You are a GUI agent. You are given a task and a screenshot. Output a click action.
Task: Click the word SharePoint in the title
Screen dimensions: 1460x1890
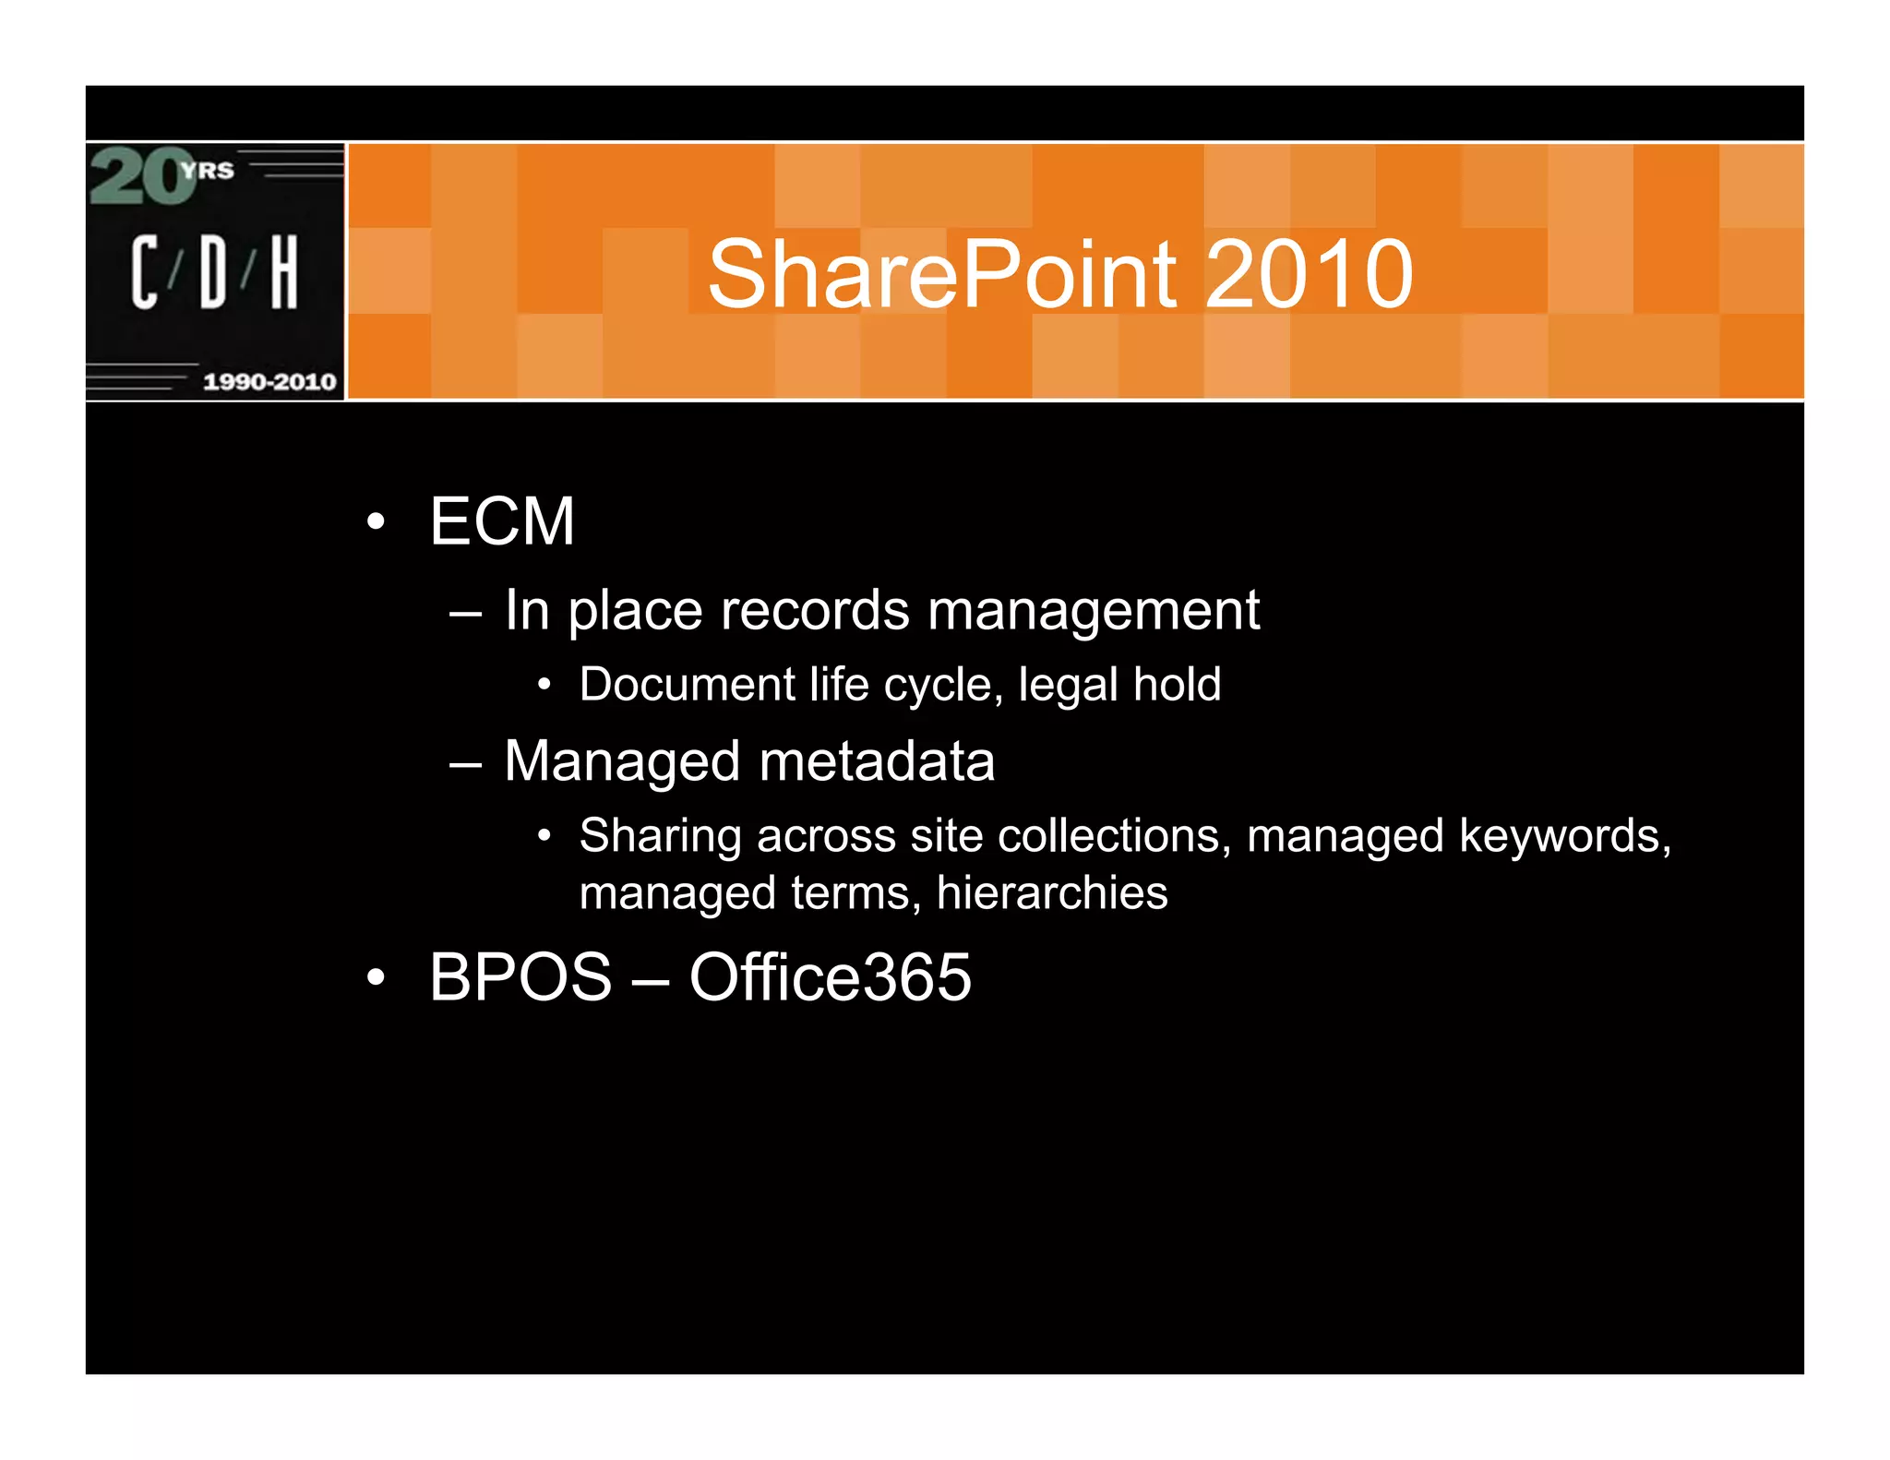[x=942, y=274]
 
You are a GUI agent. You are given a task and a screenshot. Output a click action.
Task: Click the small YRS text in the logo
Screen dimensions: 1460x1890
[x=208, y=170]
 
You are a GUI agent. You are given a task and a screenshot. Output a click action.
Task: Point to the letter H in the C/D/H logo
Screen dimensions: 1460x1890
[x=284, y=271]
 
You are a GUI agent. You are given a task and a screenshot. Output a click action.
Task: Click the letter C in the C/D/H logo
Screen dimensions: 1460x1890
[x=144, y=271]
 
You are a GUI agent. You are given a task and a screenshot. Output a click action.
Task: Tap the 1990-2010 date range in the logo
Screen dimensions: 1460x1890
[x=269, y=381]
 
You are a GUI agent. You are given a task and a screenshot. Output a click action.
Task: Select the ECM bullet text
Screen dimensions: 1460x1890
[x=502, y=521]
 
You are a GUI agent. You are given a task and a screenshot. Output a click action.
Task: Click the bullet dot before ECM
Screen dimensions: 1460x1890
[x=375, y=522]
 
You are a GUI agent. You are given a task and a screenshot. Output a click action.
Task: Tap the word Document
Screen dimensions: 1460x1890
[x=687, y=685]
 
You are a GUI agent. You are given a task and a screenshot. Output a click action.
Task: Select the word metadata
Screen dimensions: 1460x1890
[x=877, y=761]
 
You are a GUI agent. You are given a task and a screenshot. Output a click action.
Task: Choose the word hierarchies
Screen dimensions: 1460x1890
[x=1051, y=893]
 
